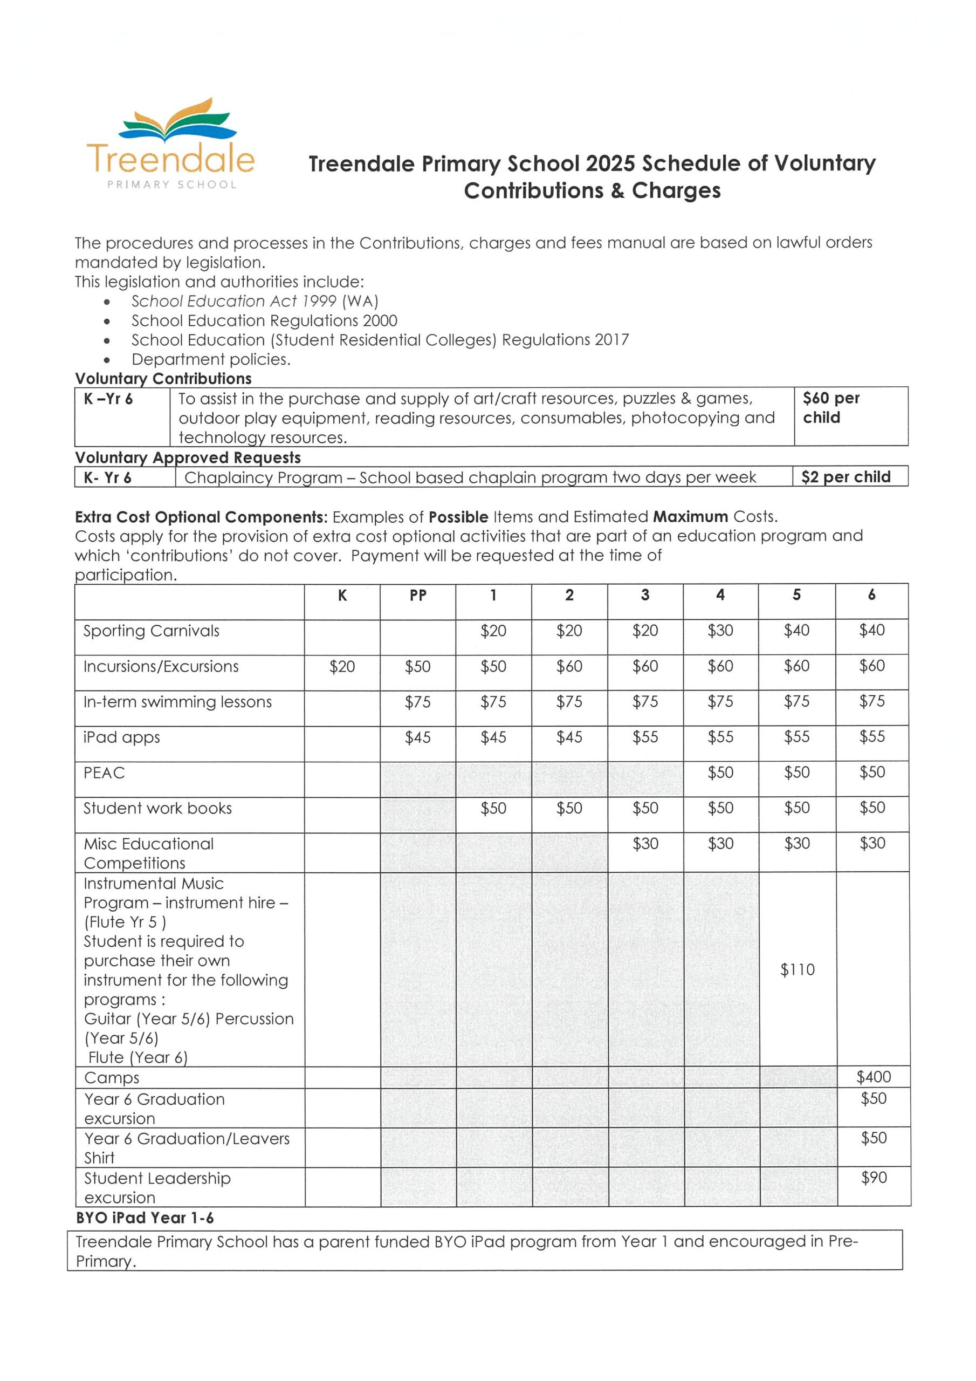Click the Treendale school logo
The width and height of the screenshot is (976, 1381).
[171, 145]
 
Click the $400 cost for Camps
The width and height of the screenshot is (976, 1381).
[873, 1077]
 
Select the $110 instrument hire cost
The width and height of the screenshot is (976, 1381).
[797, 969]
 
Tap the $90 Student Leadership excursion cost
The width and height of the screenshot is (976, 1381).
[873, 1177]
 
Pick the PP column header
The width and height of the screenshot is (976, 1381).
[417, 595]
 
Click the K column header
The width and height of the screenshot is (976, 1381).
[342, 595]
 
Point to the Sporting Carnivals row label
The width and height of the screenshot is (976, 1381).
[151, 631]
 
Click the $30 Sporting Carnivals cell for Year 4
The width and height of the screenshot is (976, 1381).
[720, 631]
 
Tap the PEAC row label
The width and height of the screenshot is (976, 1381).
[104, 772]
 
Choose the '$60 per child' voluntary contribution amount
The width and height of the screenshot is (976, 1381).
[830, 408]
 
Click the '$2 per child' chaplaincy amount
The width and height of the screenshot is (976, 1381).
[845, 477]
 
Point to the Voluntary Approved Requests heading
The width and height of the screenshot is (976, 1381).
[188, 458]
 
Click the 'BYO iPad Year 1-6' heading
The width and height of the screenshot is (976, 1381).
[145, 1218]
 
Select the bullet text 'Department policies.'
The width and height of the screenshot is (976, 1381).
[211, 359]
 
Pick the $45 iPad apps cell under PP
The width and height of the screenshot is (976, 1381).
[417, 737]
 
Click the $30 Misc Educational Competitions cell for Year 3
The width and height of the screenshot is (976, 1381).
[645, 843]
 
